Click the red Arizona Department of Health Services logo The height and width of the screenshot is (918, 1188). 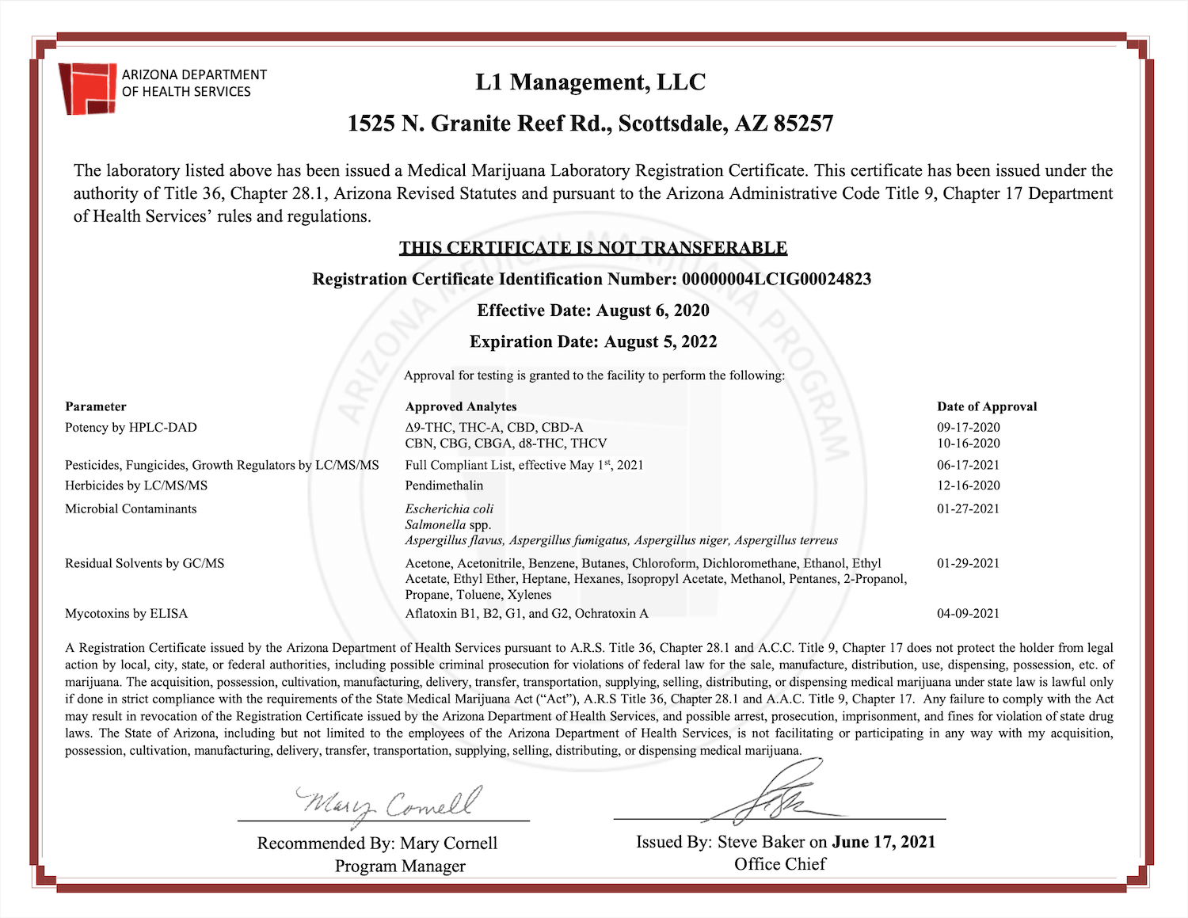coord(88,88)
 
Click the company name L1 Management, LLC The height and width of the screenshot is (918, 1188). coord(590,82)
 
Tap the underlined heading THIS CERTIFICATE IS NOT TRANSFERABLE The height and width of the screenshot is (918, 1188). coord(592,248)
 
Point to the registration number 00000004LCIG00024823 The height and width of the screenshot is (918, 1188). coord(776,279)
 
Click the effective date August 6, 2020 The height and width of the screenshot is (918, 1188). coord(652,310)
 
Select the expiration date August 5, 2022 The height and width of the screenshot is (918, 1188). coord(660,341)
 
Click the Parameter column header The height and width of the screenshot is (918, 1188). coord(96,406)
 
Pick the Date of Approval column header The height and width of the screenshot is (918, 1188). coord(986,406)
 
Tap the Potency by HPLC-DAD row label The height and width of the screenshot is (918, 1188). coord(131,428)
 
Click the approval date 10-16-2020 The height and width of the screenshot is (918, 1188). coord(968,444)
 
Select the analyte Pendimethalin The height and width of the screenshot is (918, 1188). coord(444,486)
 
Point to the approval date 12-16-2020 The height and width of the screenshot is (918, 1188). coord(968,486)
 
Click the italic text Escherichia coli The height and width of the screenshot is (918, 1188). coord(449,509)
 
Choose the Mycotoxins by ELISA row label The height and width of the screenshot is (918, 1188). coord(126,613)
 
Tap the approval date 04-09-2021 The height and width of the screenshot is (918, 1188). coord(968,613)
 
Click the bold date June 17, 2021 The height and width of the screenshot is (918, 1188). coord(883,842)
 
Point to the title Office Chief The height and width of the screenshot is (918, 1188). coord(779,864)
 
